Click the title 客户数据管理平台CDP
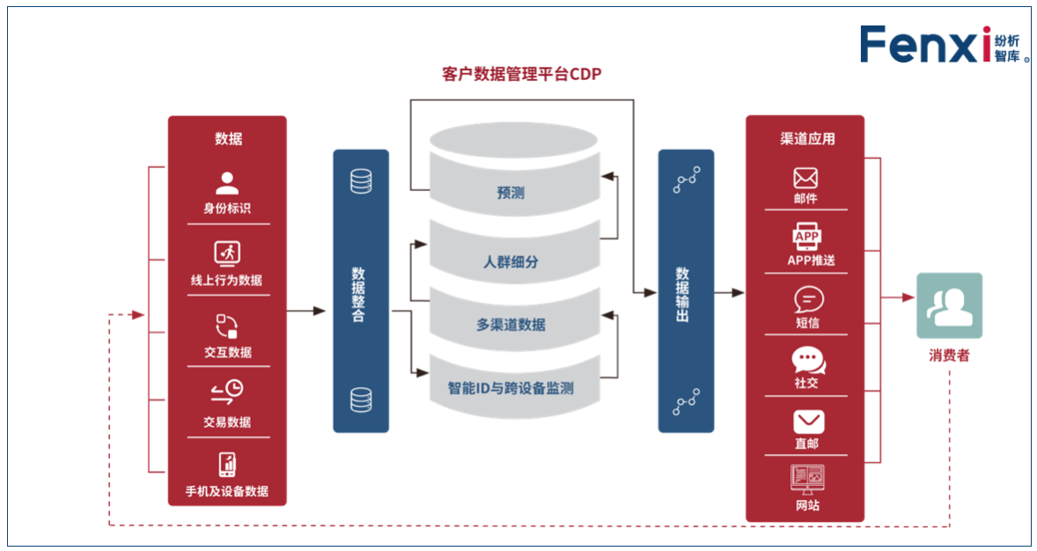pos(521,75)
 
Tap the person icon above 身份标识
pos(227,183)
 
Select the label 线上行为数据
pos(227,280)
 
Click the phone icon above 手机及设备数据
pos(227,464)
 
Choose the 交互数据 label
pos(227,352)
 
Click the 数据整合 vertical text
pos(359,294)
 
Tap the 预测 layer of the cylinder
pos(511,193)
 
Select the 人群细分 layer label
pos(511,261)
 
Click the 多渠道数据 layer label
pos(511,324)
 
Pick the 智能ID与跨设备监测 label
pos(511,386)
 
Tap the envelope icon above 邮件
pos(805,178)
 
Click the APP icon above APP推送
pos(805,238)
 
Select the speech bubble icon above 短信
pos(805,300)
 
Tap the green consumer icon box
pos(949,305)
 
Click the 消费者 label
pos(949,356)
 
